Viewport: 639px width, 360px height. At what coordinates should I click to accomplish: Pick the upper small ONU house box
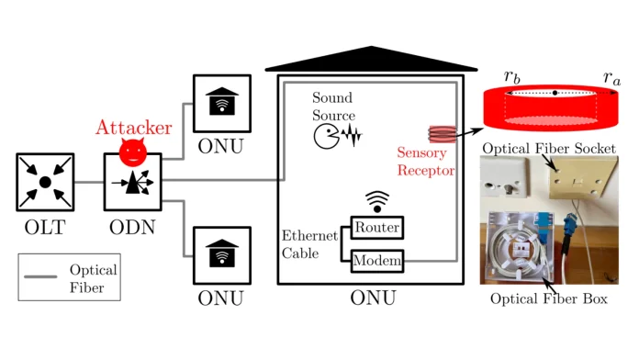tap(221, 104)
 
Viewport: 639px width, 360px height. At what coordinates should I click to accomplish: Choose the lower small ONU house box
tap(221, 255)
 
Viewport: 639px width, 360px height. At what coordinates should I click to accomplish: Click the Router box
tap(377, 226)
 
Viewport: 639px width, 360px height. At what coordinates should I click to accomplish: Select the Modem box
tap(377, 262)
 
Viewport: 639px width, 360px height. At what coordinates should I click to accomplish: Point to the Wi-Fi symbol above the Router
tap(377, 201)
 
